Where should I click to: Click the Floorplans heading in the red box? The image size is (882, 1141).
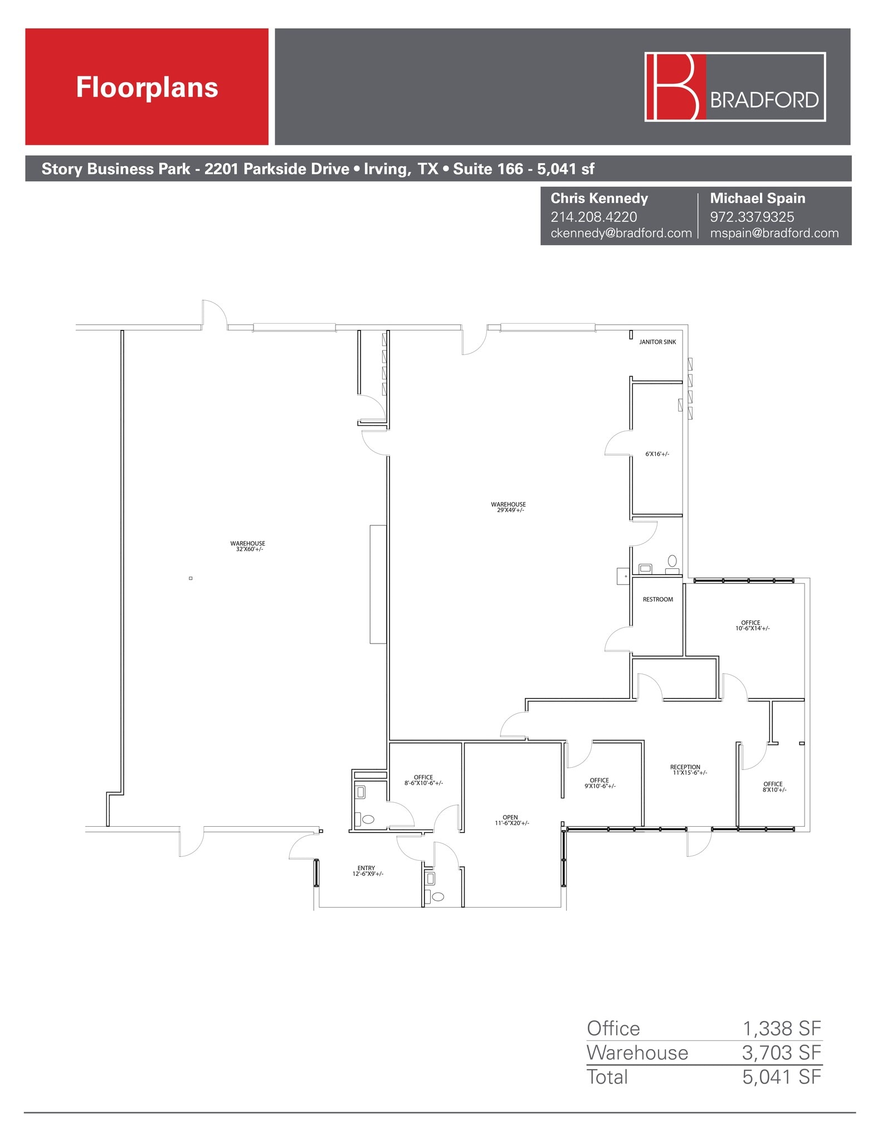[x=147, y=87]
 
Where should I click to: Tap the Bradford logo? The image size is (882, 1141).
[x=734, y=87]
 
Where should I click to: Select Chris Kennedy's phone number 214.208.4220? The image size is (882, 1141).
[x=593, y=217]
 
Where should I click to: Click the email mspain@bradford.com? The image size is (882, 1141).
[x=774, y=233]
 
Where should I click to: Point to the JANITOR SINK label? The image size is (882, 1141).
[x=657, y=342]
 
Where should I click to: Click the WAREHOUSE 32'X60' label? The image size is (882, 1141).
[x=248, y=546]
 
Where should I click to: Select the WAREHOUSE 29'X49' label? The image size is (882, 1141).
[x=508, y=507]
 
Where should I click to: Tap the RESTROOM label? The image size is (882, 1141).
[x=658, y=599]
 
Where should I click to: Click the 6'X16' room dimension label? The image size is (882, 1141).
[x=657, y=454]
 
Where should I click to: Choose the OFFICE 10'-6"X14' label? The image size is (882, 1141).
[x=751, y=626]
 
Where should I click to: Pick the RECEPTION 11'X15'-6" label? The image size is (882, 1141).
[x=686, y=770]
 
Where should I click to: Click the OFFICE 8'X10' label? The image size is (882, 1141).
[x=773, y=787]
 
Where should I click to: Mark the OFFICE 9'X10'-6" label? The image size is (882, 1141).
[x=600, y=783]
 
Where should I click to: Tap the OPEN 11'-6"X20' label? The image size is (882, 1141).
[x=510, y=820]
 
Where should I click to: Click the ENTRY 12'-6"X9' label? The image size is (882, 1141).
[x=367, y=871]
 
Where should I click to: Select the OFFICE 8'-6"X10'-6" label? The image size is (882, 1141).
[x=423, y=780]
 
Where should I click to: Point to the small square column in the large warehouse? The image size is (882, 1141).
[x=191, y=578]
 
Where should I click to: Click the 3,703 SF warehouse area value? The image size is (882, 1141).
[x=781, y=1052]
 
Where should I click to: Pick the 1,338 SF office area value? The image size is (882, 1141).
[x=781, y=1028]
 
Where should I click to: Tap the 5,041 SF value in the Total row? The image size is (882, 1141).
[x=781, y=1077]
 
